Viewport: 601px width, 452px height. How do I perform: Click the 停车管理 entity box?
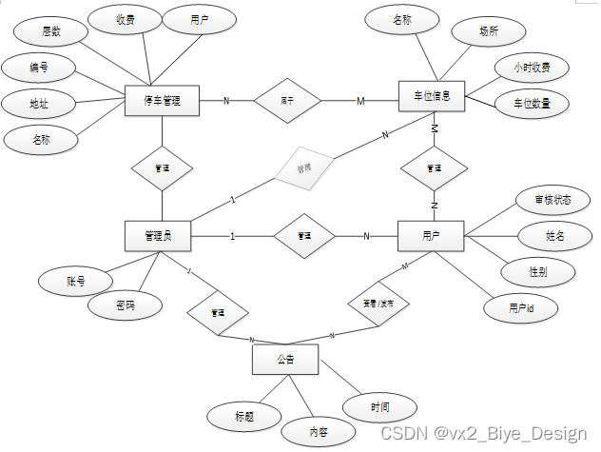click(162, 101)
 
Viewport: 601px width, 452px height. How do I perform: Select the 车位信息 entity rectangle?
click(433, 97)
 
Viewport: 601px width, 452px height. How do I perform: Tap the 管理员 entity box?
click(158, 234)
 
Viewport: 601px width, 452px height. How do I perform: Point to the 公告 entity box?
click(285, 360)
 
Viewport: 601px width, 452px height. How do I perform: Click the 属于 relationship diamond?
click(287, 100)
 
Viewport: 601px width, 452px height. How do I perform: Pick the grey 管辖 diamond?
click(304, 169)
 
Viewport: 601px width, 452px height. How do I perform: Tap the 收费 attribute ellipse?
click(126, 19)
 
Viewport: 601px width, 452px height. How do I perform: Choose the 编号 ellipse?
click(39, 68)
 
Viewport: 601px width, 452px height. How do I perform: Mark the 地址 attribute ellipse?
click(40, 104)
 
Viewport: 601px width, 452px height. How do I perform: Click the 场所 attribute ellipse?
click(489, 31)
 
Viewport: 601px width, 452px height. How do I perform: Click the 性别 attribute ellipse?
click(538, 271)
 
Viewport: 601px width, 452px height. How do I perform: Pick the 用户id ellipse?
click(520, 307)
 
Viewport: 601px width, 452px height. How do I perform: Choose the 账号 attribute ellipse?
click(76, 281)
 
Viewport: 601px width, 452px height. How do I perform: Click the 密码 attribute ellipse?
click(125, 306)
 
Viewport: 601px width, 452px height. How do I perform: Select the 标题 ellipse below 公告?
click(244, 415)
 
